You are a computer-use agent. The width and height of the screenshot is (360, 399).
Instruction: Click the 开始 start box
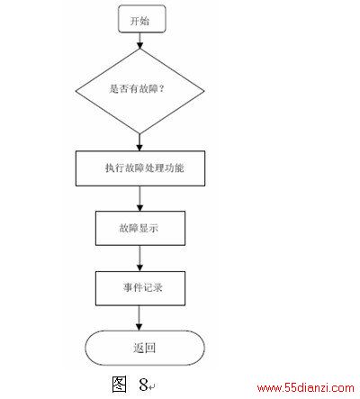pos(142,19)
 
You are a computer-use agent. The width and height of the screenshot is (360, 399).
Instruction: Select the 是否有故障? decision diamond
pos(139,91)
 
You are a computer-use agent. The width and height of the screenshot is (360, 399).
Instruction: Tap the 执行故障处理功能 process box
pos(140,168)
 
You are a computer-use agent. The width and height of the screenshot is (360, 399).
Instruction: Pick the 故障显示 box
pos(140,228)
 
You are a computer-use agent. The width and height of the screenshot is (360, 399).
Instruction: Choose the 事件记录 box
pos(140,288)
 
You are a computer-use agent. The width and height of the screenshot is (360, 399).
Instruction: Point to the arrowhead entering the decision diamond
pos(139,45)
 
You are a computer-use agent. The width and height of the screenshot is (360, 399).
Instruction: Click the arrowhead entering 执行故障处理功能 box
pos(139,148)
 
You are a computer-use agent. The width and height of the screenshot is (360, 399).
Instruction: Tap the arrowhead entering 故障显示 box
pos(139,208)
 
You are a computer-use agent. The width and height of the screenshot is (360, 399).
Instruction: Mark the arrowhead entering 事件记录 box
pos(139,268)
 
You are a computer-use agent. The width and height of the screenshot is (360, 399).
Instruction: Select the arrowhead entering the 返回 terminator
pos(139,327)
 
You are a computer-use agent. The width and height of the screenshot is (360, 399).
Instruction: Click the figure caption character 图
pos(119,384)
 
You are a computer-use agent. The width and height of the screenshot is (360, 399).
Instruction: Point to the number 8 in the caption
pos(143,385)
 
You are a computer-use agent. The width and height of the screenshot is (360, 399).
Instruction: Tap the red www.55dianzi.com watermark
pos(306,388)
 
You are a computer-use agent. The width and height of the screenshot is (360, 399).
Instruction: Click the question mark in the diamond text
pos(161,88)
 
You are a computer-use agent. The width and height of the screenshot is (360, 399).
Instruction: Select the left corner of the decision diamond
pos(76,91)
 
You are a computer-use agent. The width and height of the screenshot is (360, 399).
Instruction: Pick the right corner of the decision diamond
pos(204,91)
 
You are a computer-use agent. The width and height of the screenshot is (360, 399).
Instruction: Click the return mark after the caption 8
pos(152,386)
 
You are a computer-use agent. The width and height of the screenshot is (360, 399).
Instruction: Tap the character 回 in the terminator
pos(150,348)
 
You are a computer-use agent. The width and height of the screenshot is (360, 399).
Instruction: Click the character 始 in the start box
pos(145,21)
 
